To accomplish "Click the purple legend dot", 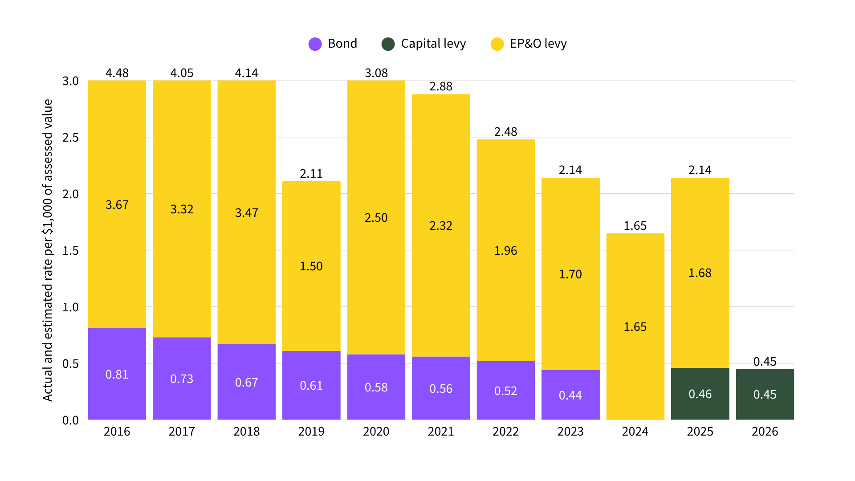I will coord(315,44).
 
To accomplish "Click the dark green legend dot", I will coord(388,44).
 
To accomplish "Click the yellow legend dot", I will coord(497,44).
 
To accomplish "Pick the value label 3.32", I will coord(182,209).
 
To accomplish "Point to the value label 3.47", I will coord(246,213).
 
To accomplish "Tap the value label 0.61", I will coord(311,386).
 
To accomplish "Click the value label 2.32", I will coord(441,226).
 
